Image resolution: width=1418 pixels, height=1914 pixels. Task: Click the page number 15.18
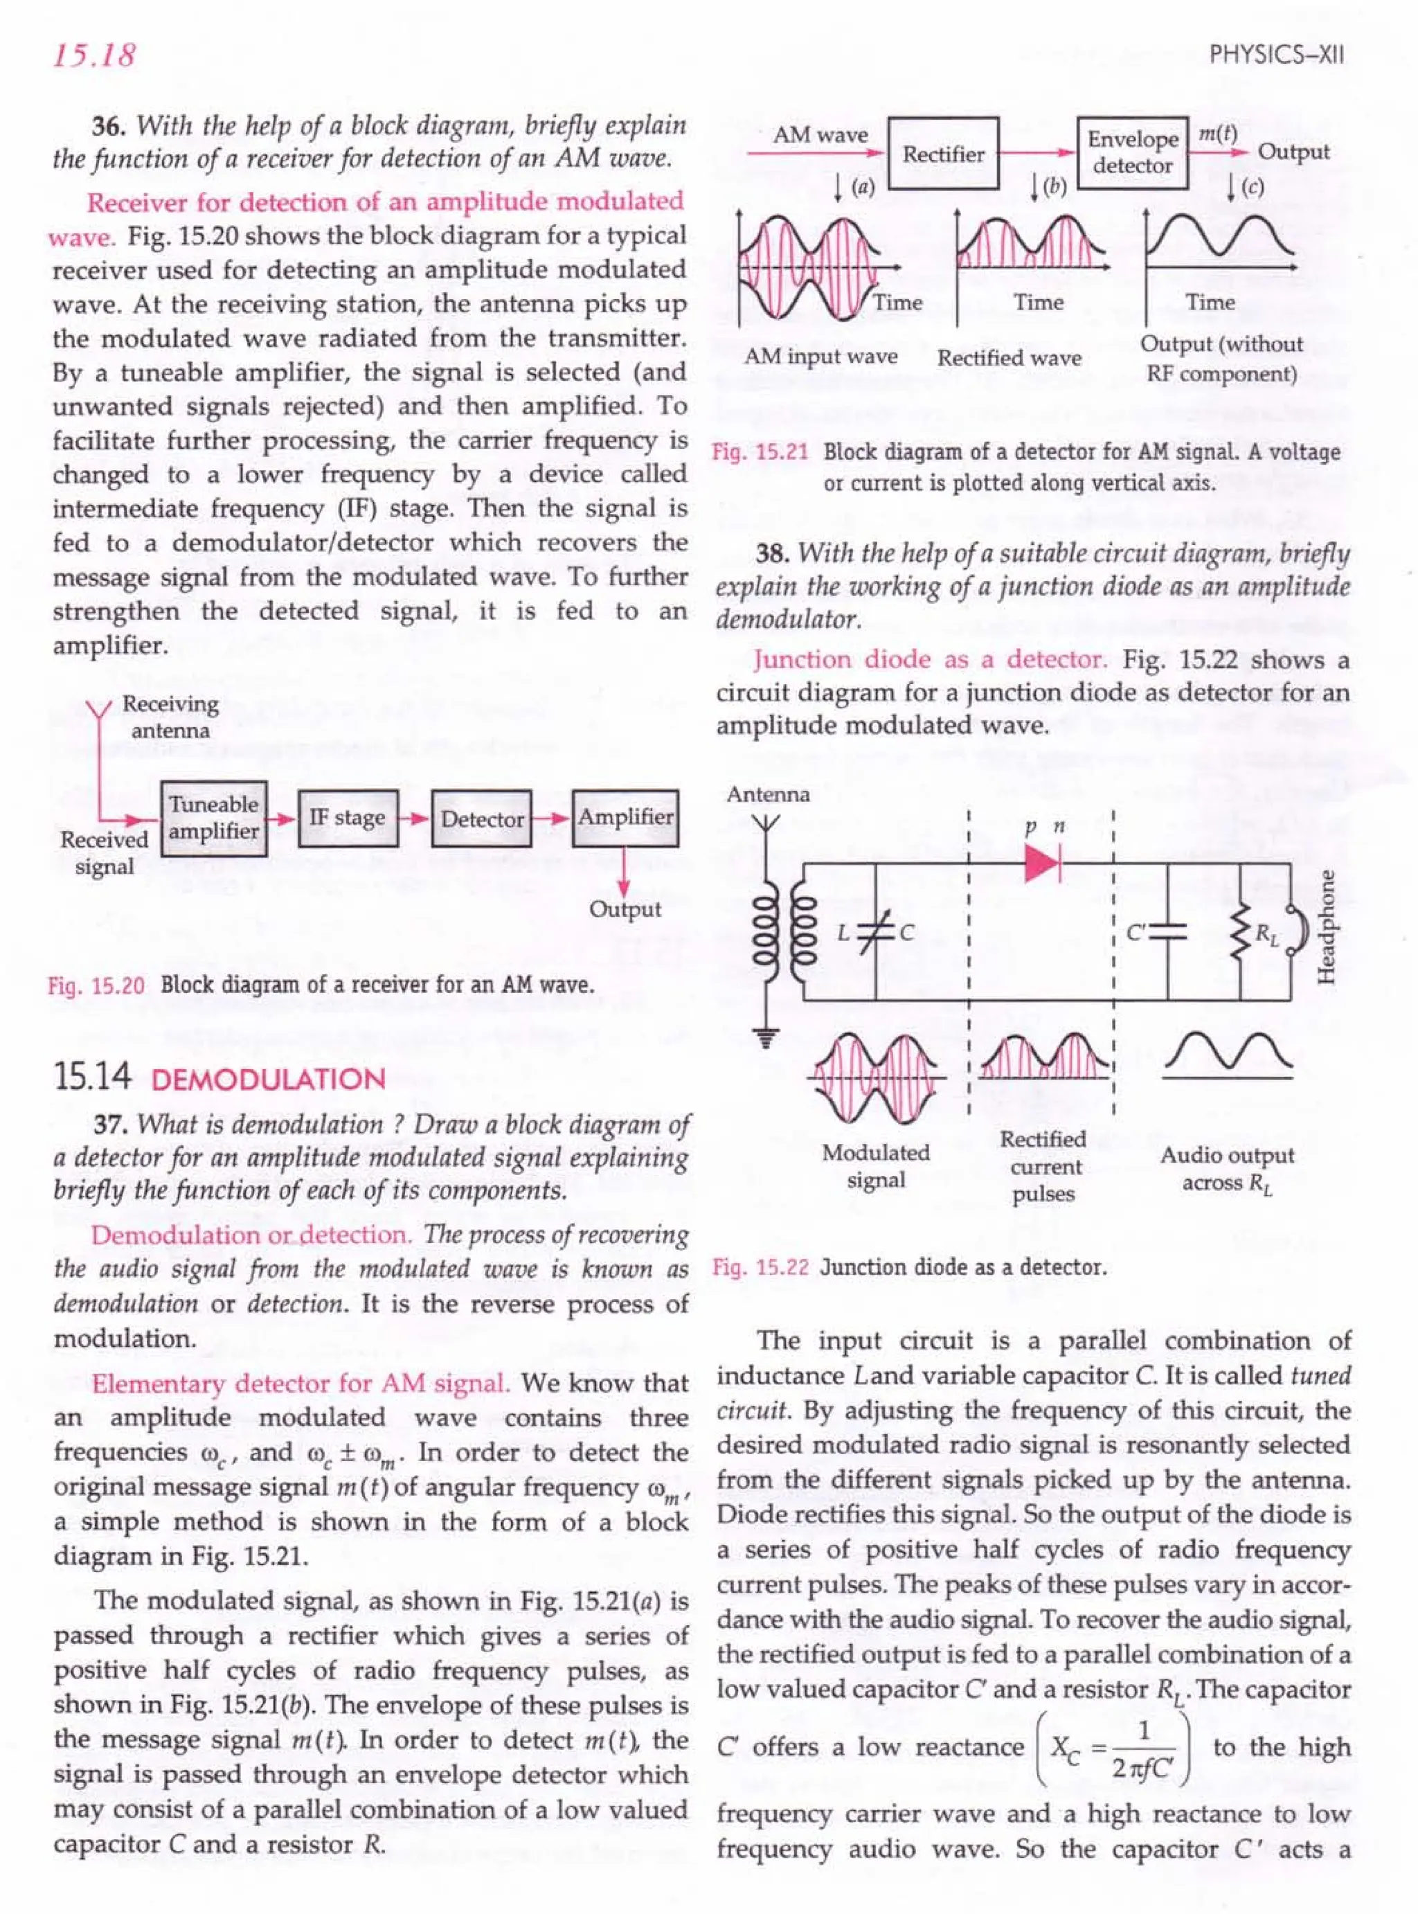click(x=94, y=57)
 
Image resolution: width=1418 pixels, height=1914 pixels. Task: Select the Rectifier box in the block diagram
click(x=942, y=154)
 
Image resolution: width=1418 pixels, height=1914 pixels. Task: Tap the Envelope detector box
click(x=1132, y=153)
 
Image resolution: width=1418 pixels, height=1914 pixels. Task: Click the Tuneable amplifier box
click(x=214, y=818)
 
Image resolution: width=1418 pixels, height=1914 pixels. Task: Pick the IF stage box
click(x=348, y=818)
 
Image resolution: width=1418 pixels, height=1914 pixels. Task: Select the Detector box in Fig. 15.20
click(x=481, y=819)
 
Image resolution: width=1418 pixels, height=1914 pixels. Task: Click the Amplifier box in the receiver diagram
click(x=625, y=817)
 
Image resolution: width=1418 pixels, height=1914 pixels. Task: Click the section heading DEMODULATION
click(x=268, y=1079)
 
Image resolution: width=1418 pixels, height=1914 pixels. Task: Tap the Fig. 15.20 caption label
click(x=96, y=985)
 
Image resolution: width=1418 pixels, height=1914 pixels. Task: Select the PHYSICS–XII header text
click(x=1276, y=57)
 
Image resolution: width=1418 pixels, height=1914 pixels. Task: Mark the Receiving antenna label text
click(x=170, y=717)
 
